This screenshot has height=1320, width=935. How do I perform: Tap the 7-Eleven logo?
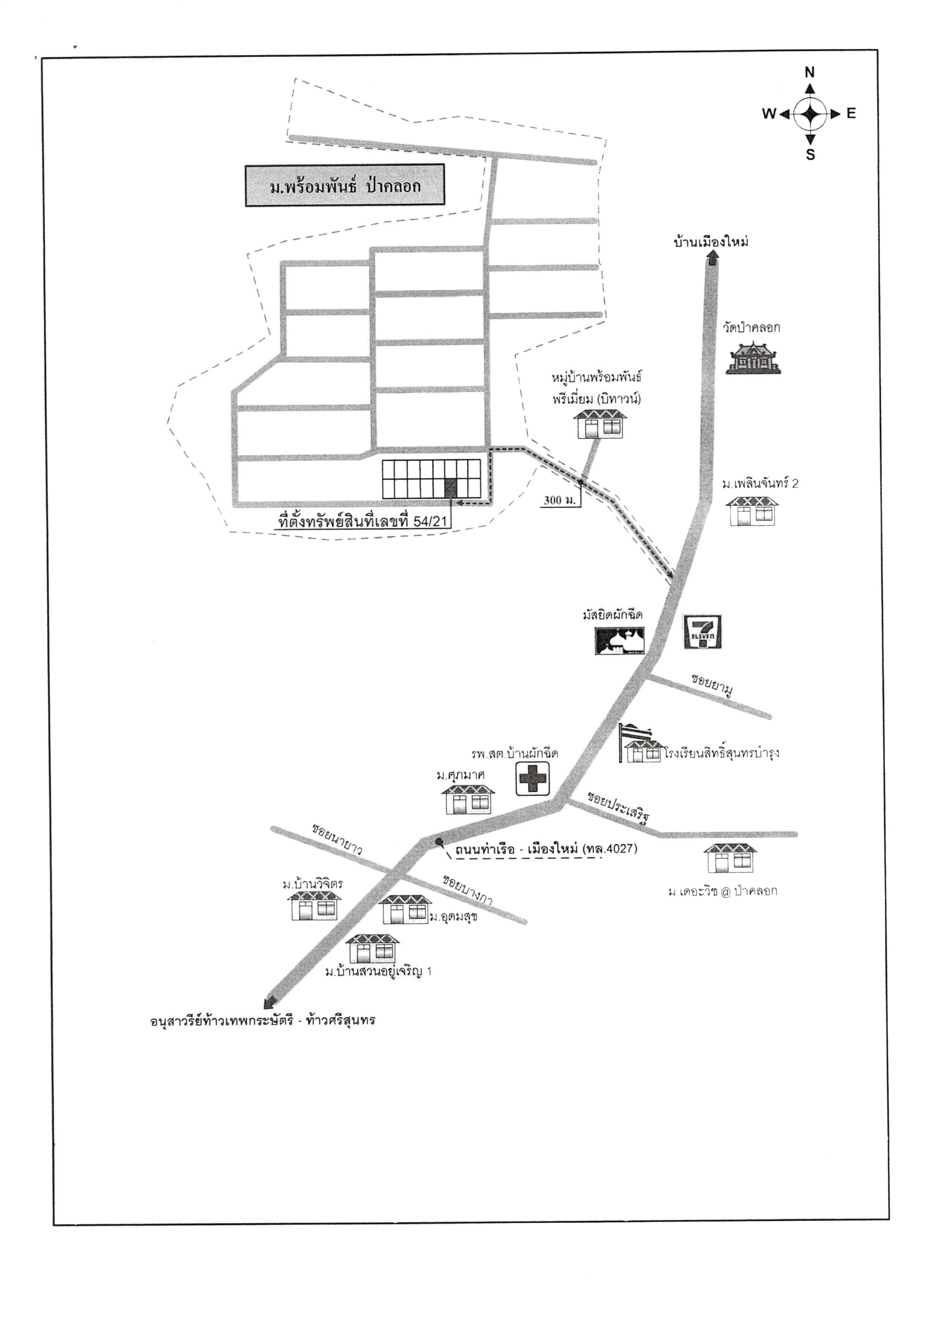tap(702, 632)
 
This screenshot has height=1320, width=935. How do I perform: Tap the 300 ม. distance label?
tap(560, 500)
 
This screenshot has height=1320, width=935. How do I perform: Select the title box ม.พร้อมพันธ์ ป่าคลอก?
tap(345, 185)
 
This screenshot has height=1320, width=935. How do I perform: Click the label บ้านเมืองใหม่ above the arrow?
tap(711, 242)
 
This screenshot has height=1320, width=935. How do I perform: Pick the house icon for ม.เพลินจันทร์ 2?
tap(752, 510)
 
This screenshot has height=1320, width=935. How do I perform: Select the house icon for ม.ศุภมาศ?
tap(468, 797)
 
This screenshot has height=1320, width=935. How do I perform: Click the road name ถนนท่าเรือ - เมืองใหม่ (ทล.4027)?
tap(546, 849)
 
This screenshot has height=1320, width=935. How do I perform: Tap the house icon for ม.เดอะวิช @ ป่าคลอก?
tap(730, 858)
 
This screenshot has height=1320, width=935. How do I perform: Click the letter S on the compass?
tap(810, 154)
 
